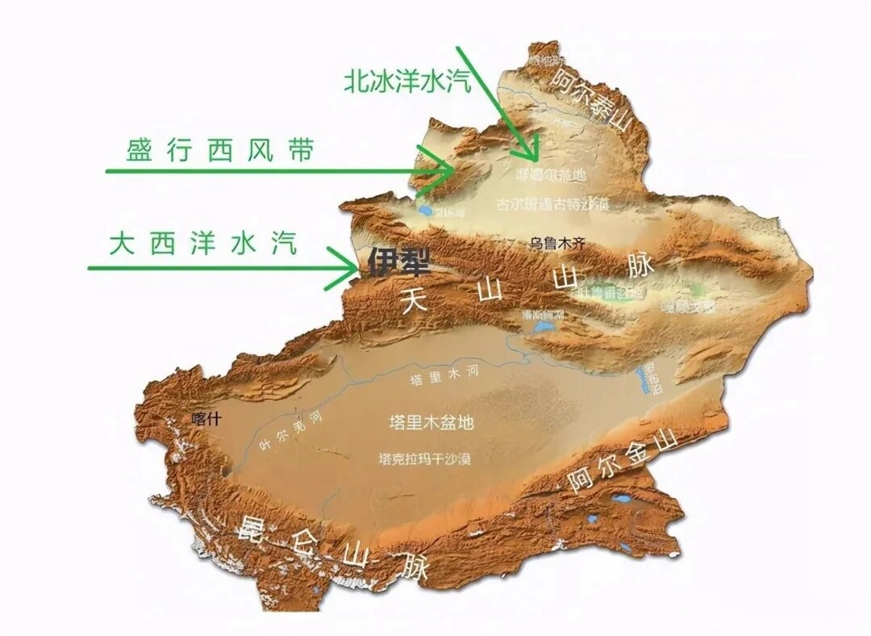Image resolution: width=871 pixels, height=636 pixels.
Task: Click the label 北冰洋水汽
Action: pyautogui.click(x=407, y=80)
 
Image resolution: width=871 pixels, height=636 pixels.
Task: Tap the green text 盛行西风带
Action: pyautogui.click(x=219, y=151)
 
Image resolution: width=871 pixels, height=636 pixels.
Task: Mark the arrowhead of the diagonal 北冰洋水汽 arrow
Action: pyautogui.click(x=532, y=156)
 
